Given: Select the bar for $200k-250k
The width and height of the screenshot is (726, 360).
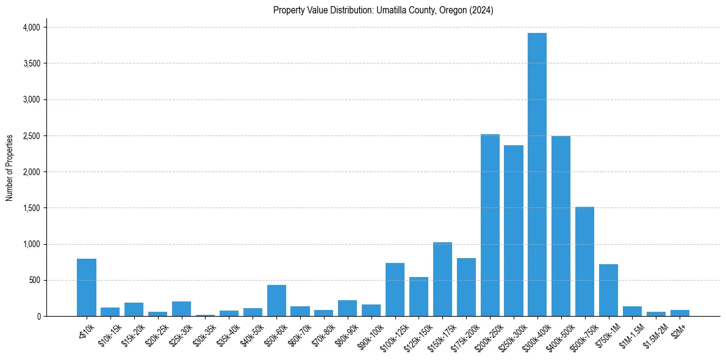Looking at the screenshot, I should (x=490, y=225).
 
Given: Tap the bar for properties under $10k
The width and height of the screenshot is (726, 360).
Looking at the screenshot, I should (x=87, y=287).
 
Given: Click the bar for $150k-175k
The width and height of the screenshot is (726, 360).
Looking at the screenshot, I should (x=442, y=279).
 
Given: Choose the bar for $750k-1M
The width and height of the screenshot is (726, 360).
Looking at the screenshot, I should (x=608, y=290).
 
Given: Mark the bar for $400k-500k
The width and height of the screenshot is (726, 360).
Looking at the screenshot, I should (x=561, y=226).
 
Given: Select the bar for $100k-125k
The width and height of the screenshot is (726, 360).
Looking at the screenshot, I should (x=395, y=289).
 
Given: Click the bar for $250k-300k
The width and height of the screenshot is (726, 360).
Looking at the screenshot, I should (x=514, y=231).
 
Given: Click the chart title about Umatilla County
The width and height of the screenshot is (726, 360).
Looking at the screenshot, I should (x=383, y=10).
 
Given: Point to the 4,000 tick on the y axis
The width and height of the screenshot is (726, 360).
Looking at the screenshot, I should (x=31, y=27).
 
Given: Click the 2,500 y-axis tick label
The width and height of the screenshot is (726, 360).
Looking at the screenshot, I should (x=31, y=136).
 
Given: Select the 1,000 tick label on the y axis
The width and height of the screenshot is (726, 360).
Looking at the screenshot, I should (x=31, y=244).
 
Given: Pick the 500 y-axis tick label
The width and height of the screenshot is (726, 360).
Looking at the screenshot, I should (x=34, y=281).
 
